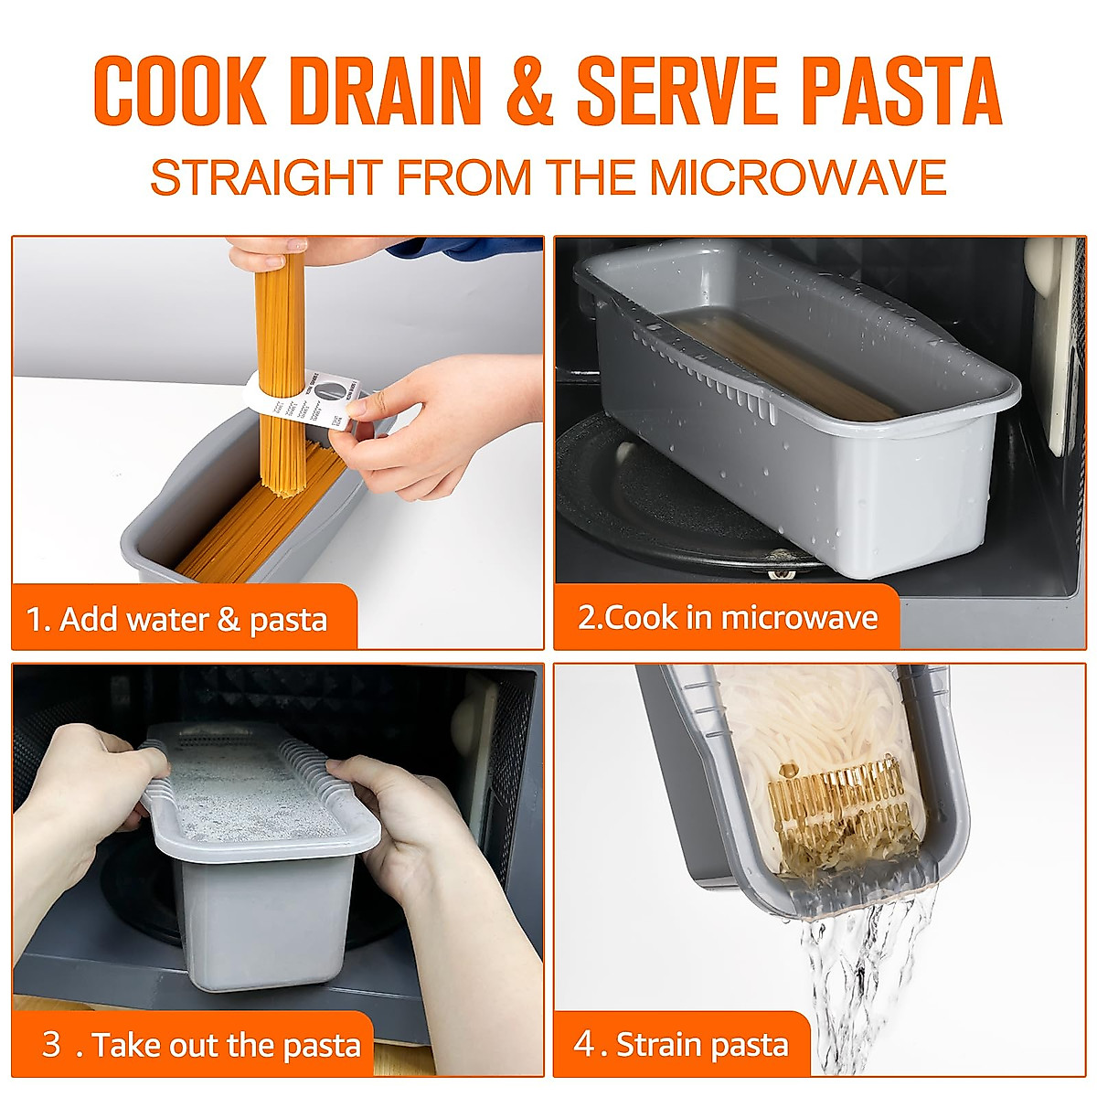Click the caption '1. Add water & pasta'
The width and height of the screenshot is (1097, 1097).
177,620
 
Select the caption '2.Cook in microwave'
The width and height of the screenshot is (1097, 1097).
728,617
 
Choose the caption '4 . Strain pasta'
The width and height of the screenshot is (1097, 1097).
681,1044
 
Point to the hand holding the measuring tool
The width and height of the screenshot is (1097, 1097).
430,421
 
